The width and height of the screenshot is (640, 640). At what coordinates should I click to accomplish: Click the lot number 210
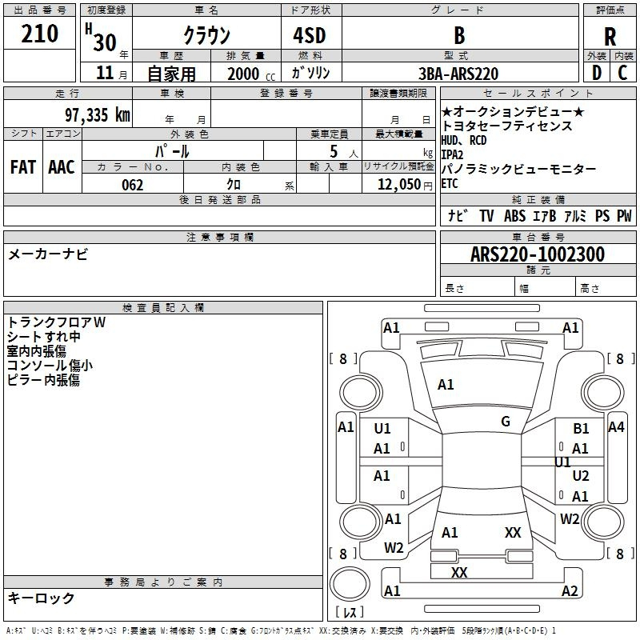[x=39, y=34]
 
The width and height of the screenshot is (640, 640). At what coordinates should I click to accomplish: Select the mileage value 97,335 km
[x=98, y=114]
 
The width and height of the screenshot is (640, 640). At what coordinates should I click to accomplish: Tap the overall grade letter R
[x=610, y=37]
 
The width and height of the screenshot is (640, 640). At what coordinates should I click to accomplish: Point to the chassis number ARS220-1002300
[x=538, y=254]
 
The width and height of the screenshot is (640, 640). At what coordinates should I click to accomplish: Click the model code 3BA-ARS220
[x=458, y=74]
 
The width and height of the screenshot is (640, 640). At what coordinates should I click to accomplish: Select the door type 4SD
[x=310, y=35]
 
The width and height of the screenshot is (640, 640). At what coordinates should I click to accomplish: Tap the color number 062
[x=132, y=185]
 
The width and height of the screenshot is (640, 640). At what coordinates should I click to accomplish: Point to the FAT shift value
[x=23, y=167]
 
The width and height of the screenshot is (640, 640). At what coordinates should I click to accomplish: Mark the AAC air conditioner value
[x=62, y=167]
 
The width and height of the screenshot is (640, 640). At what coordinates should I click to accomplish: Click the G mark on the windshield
[x=506, y=422]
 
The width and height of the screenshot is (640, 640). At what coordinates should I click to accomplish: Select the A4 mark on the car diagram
[x=616, y=427]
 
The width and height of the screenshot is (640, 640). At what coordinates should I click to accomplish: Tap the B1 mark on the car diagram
[x=581, y=428]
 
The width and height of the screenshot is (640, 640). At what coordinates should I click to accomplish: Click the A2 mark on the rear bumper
[x=570, y=590]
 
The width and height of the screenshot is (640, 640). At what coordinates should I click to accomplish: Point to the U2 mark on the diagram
[x=581, y=475]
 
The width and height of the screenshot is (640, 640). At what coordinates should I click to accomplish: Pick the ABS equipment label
[x=514, y=215]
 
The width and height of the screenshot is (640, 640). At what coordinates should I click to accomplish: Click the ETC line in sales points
[x=450, y=184]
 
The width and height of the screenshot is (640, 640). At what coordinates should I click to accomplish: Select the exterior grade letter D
[x=597, y=73]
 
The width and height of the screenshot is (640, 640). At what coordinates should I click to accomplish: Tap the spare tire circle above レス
[x=350, y=584]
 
